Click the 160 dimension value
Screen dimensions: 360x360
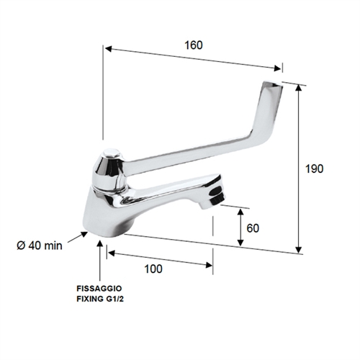pyautogui.click(x=193, y=44)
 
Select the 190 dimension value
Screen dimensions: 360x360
pyautogui.click(x=314, y=168)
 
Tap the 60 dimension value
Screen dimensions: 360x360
pyautogui.click(x=252, y=228)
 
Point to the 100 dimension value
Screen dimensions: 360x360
pyautogui.click(x=153, y=269)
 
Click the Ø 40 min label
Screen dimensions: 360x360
pyautogui.click(x=40, y=245)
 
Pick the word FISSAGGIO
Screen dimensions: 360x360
pyautogui.click(x=101, y=288)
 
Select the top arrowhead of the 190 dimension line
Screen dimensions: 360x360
pyautogui.click(x=299, y=86)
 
